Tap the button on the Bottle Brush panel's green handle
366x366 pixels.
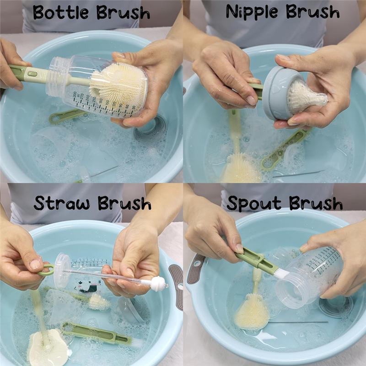point(32,73)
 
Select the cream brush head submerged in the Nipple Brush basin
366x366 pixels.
point(241,168)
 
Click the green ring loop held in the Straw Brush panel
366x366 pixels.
point(46,270)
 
